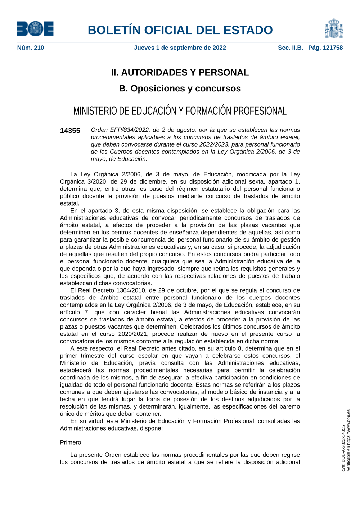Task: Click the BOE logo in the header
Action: tap(35, 29)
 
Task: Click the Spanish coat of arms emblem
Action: tap(334, 29)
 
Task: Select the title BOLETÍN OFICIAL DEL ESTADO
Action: tap(180, 30)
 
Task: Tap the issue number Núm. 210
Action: tap(31, 48)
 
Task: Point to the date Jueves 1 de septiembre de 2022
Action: tap(180, 48)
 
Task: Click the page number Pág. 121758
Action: tap(325, 48)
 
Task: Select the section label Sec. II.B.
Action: tap(290, 48)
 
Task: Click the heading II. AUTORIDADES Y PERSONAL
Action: tap(180, 72)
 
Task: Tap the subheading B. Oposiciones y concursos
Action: tap(180, 89)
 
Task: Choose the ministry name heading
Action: tap(180, 111)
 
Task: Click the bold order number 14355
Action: tap(70, 131)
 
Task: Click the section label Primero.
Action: tap(71, 442)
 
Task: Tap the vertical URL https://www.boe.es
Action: tap(348, 428)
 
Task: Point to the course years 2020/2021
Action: tap(132, 334)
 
